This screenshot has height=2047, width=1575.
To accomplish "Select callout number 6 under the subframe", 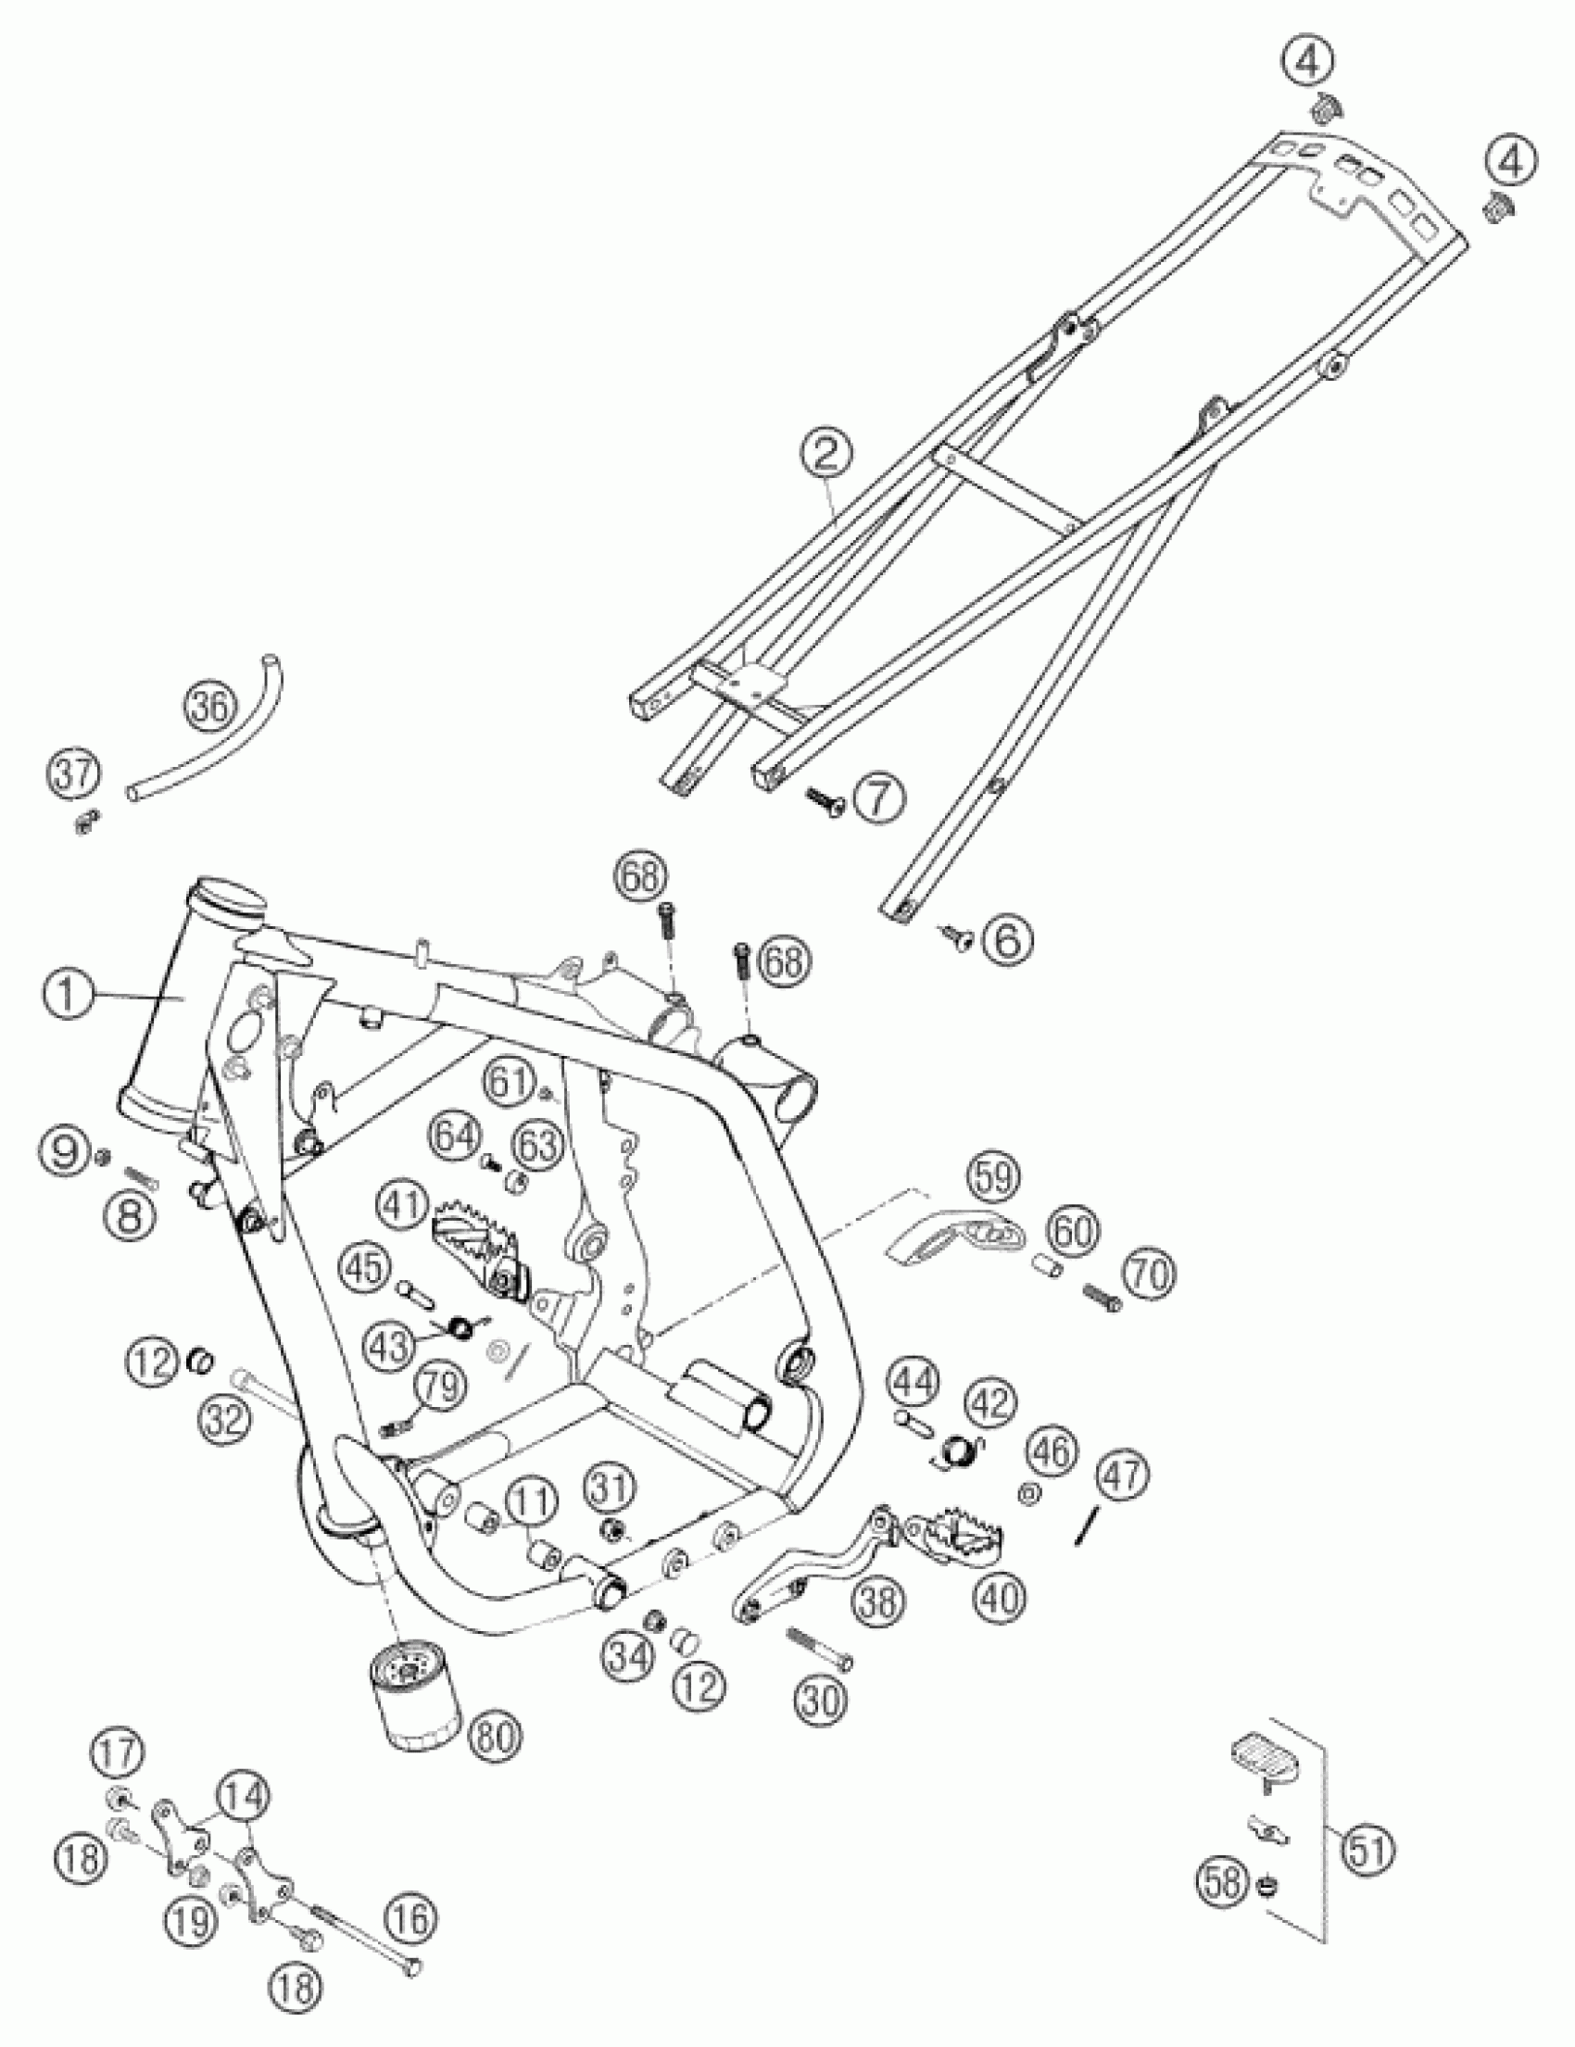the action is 1006,938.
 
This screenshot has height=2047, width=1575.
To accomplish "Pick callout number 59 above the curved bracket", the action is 994,1178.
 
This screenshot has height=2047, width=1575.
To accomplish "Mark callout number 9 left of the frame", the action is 66,1149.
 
